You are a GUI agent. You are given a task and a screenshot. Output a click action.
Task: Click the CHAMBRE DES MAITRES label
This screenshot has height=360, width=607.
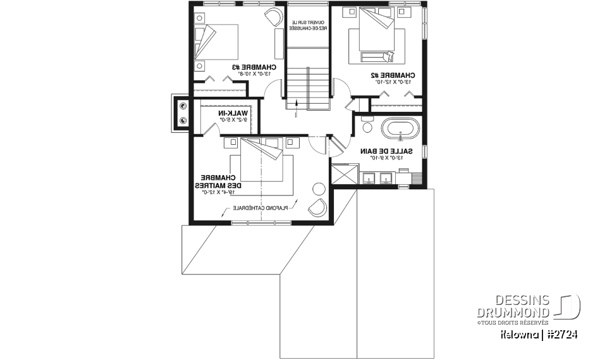coord(219,182)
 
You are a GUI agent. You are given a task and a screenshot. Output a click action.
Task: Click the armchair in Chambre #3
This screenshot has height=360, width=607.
coord(273,17)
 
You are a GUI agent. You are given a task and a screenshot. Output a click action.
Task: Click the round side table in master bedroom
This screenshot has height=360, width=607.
coord(319,188)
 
